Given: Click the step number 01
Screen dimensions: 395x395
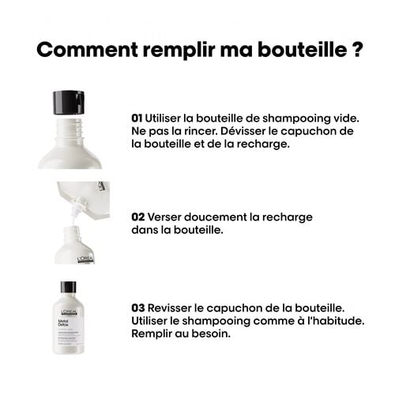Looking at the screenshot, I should pyautogui.click(x=137, y=117).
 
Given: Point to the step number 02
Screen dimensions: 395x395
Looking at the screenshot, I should pyautogui.click(x=137, y=216).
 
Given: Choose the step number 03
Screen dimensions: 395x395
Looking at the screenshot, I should pyautogui.click(x=137, y=307).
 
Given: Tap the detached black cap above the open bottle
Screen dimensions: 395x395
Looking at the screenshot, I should pyautogui.click(x=69, y=103).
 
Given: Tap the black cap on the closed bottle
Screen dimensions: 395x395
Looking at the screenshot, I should pyautogui.click(x=69, y=288).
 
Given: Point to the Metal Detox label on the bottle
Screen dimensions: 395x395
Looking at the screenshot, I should pyautogui.click(x=62, y=311).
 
